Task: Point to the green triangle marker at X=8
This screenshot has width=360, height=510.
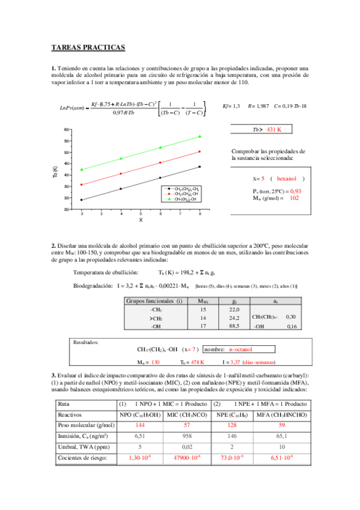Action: [x=200, y=137]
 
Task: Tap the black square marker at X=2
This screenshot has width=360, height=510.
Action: [x=82, y=200]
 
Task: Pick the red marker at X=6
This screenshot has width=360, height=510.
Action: [x=160, y=162]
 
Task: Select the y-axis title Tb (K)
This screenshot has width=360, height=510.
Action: [x=55, y=169]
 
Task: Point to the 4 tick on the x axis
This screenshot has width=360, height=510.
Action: [x=121, y=214]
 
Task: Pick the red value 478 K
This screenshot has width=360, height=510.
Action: [x=197, y=363]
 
